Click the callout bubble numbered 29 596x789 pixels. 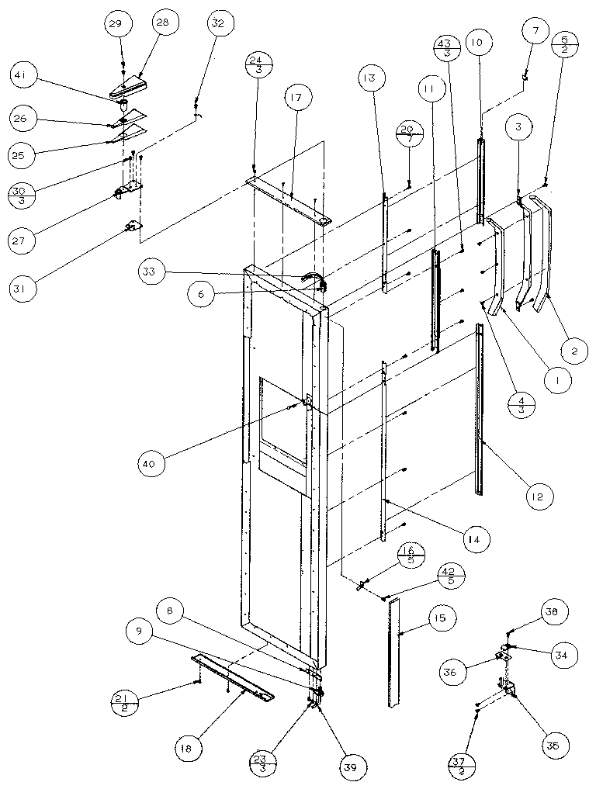click(x=115, y=25)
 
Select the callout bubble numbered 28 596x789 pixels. click(x=161, y=22)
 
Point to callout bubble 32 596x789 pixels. click(x=217, y=23)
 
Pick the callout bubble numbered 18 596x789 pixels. click(x=190, y=749)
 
